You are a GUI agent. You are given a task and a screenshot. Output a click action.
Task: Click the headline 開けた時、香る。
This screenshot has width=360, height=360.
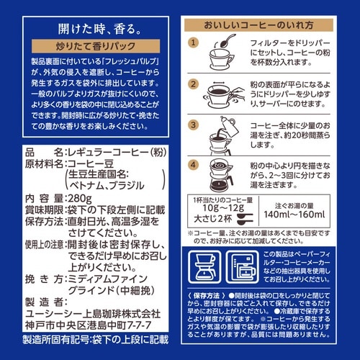coord(91,31)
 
